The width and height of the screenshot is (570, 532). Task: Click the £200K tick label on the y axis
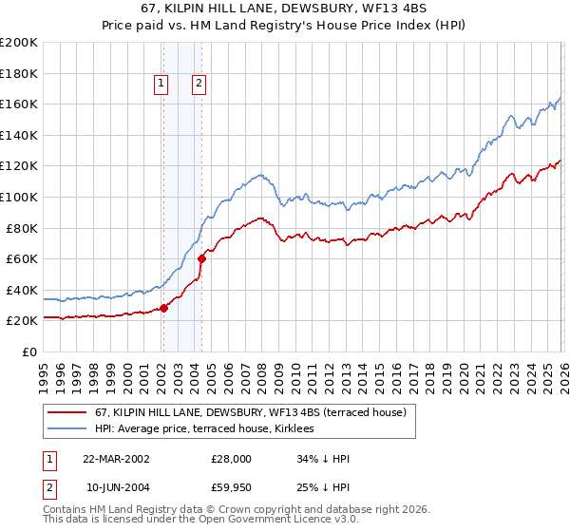point(19,43)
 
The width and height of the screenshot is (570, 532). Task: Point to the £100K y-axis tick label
point(19,198)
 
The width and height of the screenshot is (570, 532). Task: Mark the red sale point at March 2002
point(163,308)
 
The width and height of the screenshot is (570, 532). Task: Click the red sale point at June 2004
point(201,258)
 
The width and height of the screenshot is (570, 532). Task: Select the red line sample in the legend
point(66,412)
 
